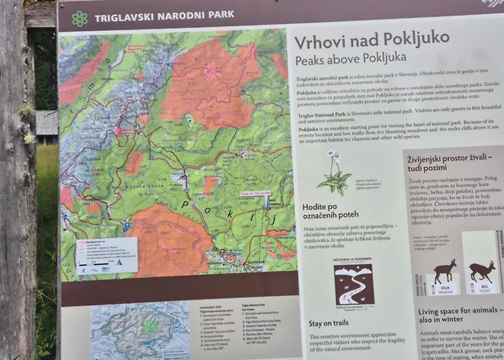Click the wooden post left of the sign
coord(17,180)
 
